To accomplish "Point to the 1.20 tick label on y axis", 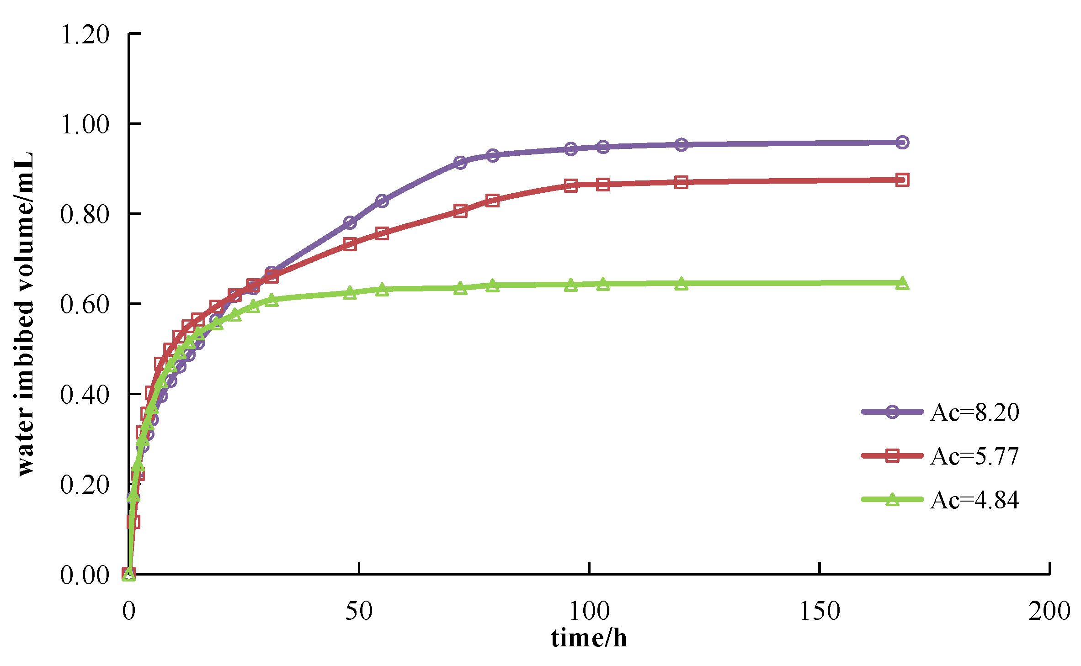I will (x=85, y=34).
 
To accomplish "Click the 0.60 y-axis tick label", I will (x=85, y=304).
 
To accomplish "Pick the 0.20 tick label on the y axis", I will (x=85, y=485).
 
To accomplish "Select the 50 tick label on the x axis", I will (x=359, y=611).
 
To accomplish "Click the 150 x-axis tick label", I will (x=820, y=611).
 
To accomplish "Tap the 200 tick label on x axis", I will (x=1049, y=611).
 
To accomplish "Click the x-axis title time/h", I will (x=589, y=638).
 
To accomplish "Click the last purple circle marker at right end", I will (x=902, y=143).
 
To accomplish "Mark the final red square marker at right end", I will (x=902, y=180).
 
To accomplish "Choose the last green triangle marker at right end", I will (x=902, y=283).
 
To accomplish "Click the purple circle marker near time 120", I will (x=681, y=145).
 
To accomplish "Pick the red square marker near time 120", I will (x=681, y=183).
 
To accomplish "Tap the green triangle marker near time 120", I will (x=681, y=284).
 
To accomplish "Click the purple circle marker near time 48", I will (x=350, y=223).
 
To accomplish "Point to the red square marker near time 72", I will (x=460, y=211).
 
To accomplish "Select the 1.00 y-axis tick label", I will (x=85, y=124).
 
